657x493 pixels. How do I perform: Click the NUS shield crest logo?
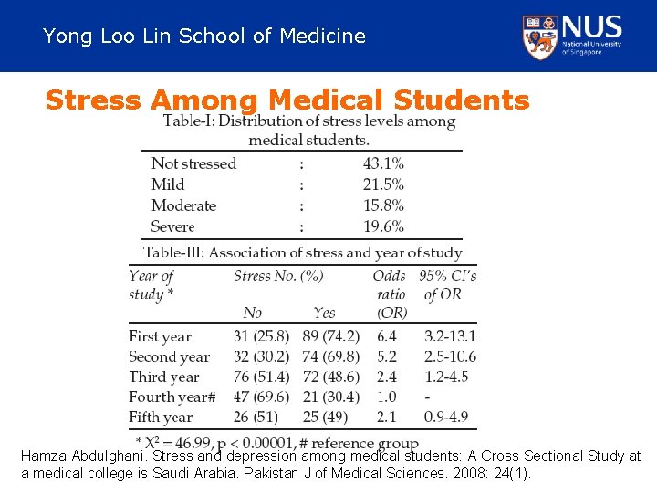tap(540, 37)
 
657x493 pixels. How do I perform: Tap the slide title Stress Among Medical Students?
tap(287, 100)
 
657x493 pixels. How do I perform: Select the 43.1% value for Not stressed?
tap(383, 163)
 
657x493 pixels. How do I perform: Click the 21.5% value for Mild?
tap(383, 184)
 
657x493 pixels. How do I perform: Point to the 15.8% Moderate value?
tap(383, 205)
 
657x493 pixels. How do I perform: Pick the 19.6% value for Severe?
tap(383, 226)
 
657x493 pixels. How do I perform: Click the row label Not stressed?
tap(193, 163)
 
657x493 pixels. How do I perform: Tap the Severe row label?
tap(172, 226)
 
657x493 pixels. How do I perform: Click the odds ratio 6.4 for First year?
tap(388, 337)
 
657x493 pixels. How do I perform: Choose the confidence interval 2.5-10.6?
tap(450, 357)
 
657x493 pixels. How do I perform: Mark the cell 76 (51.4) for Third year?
tap(261, 377)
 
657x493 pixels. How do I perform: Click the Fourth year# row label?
tap(172, 397)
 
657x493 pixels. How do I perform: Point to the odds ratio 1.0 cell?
tap(388, 397)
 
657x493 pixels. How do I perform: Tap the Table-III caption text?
tap(302, 252)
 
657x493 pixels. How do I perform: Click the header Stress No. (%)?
tap(278, 276)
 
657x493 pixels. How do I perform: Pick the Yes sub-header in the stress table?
tap(324, 313)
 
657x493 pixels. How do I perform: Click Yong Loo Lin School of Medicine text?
tap(204, 37)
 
